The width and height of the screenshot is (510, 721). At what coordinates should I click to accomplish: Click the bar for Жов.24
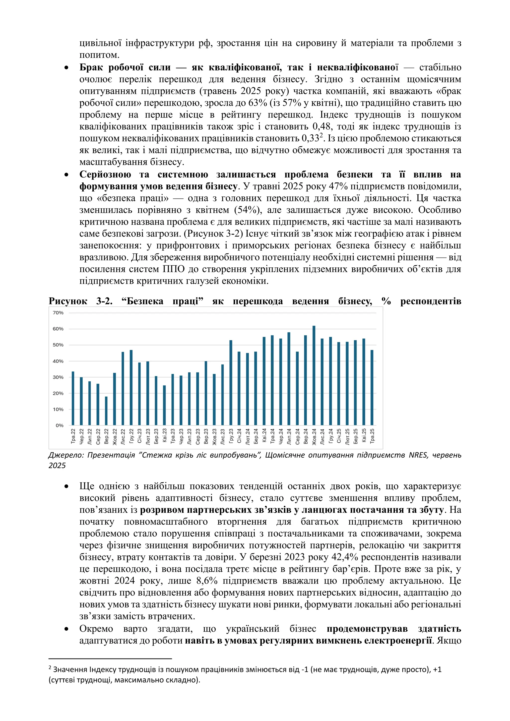tap(314, 375)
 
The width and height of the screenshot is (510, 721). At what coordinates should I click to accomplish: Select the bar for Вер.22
tap(106, 411)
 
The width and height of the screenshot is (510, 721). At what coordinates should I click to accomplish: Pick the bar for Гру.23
tap(231, 382)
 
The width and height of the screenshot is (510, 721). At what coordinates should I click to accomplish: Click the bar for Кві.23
tap(164, 405)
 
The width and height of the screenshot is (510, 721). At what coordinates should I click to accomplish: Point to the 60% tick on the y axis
tap(58, 329)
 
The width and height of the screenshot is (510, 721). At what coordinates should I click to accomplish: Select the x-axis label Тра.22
tap(73, 436)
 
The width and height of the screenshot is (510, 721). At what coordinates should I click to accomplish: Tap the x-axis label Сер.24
tap(297, 436)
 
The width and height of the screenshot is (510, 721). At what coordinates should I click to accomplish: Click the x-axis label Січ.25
tap(339, 436)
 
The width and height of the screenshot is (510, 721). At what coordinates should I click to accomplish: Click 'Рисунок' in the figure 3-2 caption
tap(68, 301)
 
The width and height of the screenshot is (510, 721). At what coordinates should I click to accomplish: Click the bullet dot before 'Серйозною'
tap(66, 175)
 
